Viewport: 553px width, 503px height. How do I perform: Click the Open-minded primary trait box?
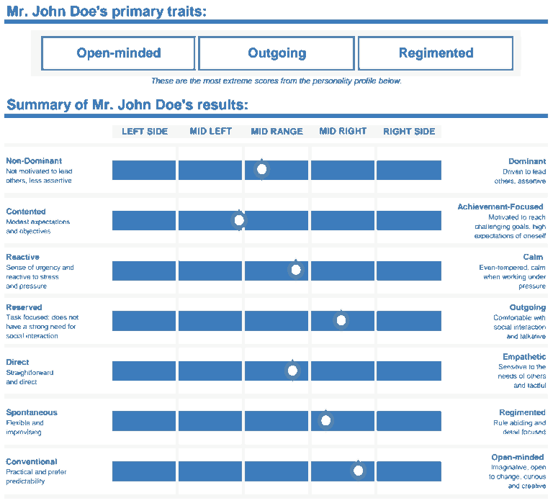click(x=118, y=53)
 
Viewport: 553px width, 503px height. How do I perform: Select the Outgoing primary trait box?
click(x=276, y=53)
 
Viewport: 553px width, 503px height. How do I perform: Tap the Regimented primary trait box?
click(x=436, y=53)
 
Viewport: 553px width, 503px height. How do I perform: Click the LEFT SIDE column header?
click(x=145, y=132)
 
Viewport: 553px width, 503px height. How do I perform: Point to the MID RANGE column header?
click(x=276, y=132)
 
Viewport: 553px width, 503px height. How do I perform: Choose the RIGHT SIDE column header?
click(x=409, y=132)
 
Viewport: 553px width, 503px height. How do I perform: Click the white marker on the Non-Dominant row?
click(x=262, y=170)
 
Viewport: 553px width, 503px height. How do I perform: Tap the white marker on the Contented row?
click(x=240, y=220)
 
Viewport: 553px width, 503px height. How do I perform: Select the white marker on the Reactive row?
click(x=295, y=271)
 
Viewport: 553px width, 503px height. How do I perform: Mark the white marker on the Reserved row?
click(x=341, y=320)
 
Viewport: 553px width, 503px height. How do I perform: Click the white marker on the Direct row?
click(x=292, y=371)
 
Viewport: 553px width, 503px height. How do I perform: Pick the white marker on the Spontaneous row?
click(x=325, y=420)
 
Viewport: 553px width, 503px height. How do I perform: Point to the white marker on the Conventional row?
click(x=359, y=471)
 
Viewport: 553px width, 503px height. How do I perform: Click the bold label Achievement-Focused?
click(x=500, y=207)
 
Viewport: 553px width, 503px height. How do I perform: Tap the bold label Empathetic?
click(x=524, y=357)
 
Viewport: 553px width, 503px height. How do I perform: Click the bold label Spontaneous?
click(x=32, y=413)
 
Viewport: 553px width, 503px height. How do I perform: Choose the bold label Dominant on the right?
click(x=527, y=161)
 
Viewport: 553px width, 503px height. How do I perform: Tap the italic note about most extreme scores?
click(x=276, y=81)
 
